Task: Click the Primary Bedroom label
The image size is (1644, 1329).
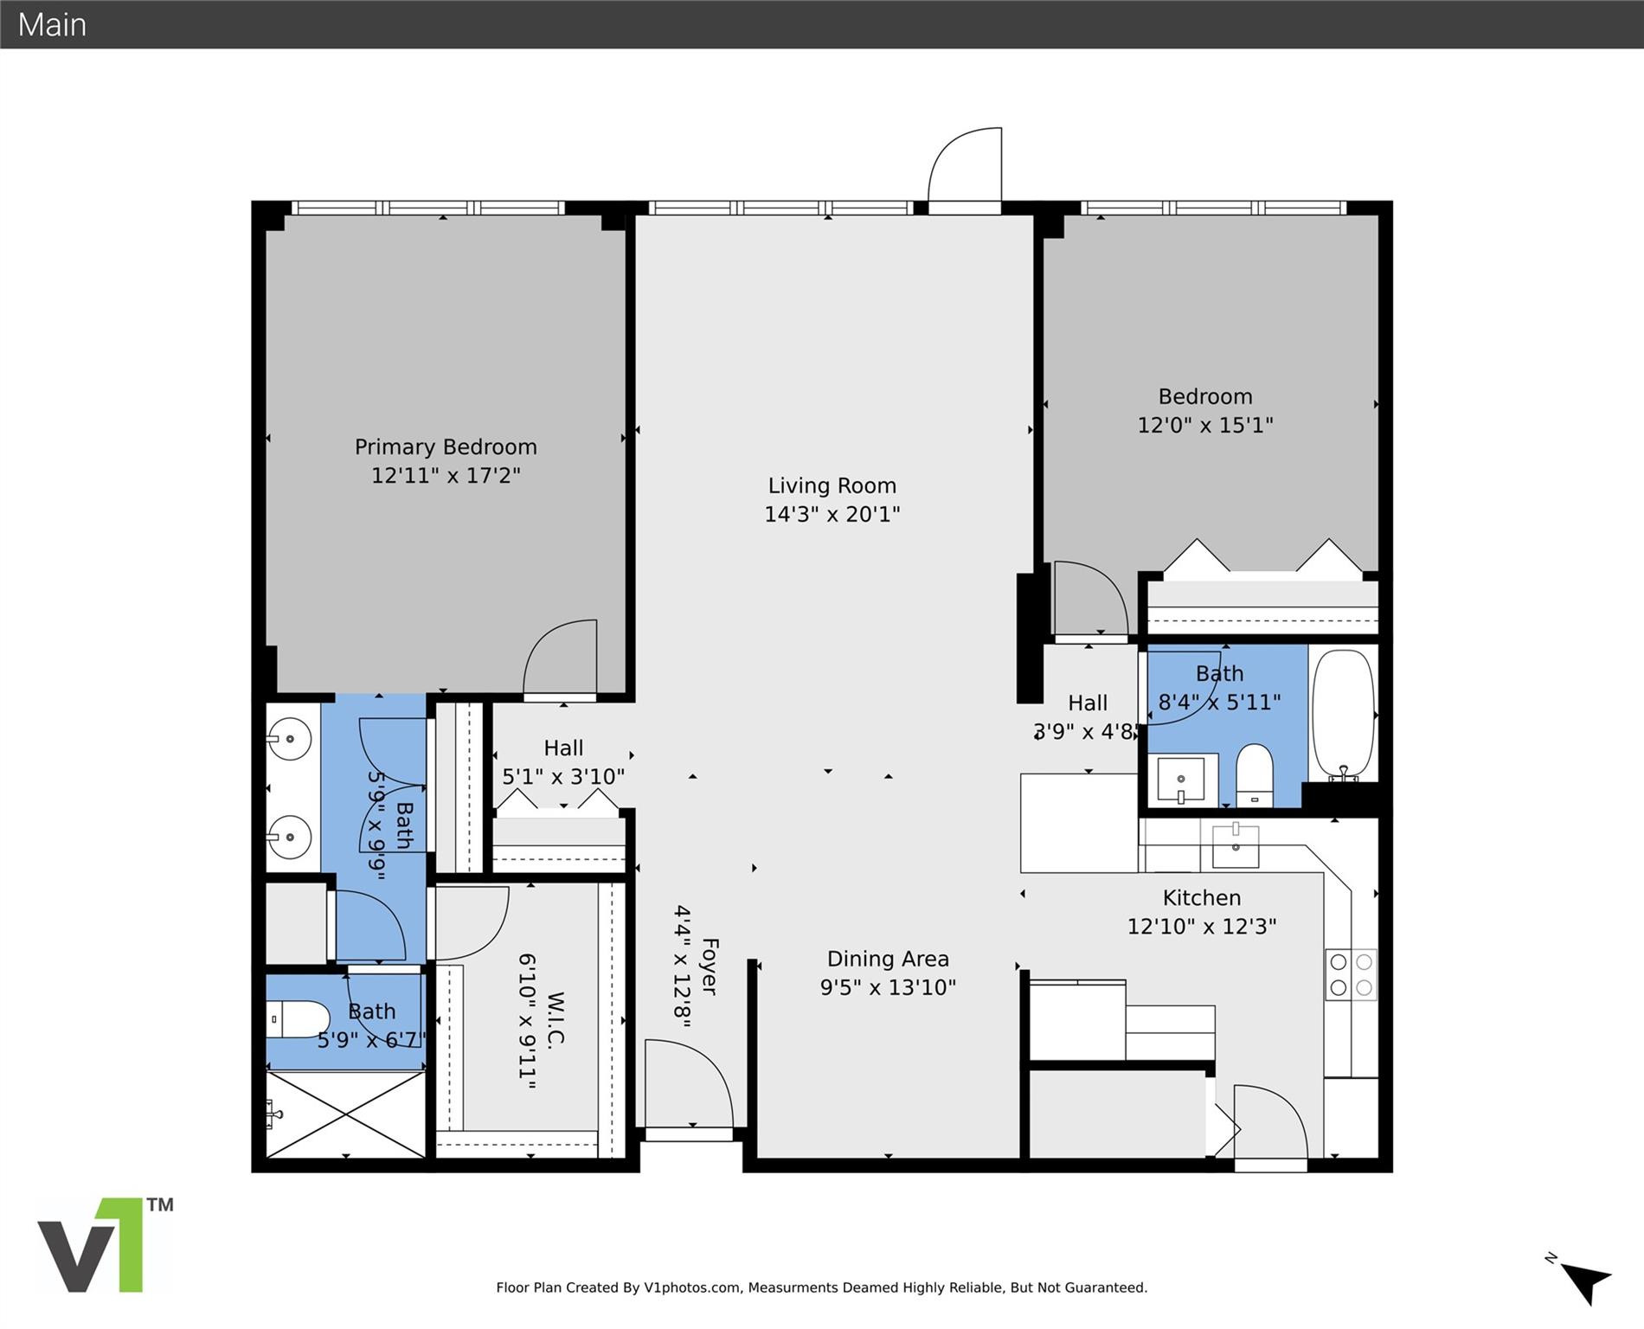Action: tap(446, 447)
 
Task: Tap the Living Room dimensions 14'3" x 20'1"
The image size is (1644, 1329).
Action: tap(832, 515)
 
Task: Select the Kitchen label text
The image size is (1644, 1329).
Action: tap(1201, 898)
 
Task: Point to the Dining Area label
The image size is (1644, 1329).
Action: tap(888, 959)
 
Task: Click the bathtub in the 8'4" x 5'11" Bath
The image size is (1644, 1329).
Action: tap(1343, 714)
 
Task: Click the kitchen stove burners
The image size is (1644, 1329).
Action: tap(1351, 974)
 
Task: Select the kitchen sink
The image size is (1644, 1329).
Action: tap(1235, 845)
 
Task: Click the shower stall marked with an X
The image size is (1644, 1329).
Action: tap(345, 1114)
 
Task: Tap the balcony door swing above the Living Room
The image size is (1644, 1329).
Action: tap(966, 169)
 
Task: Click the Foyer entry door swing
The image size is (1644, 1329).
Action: tap(687, 1084)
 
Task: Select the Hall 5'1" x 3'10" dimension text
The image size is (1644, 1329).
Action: tap(563, 777)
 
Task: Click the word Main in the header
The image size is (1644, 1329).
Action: tap(52, 24)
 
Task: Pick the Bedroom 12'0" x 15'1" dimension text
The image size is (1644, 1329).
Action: tap(1204, 426)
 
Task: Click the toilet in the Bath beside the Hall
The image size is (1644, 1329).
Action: tap(1254, 775)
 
